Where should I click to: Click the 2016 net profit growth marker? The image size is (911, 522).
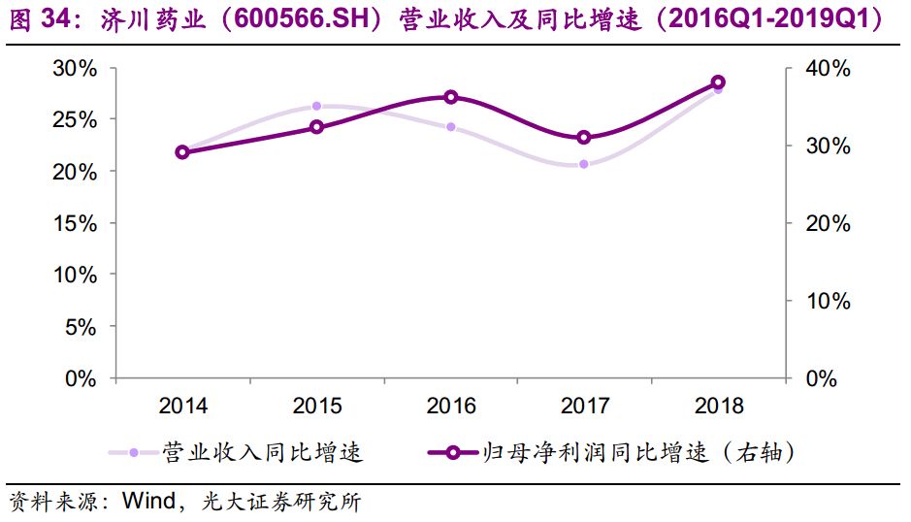450,97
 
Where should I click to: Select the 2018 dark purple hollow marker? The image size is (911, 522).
718,82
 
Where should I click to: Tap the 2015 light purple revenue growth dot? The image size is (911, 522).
316,106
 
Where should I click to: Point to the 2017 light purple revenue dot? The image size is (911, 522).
584,164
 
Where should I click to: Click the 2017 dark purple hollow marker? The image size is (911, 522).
584,138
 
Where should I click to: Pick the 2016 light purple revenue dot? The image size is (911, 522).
450,127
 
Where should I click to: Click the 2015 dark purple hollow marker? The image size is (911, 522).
316,127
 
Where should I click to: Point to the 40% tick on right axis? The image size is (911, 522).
828,68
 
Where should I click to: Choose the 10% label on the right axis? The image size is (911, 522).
828,301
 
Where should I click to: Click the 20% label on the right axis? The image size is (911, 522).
828,223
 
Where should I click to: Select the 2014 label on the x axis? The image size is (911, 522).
182,405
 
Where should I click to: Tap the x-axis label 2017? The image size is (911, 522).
584,405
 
